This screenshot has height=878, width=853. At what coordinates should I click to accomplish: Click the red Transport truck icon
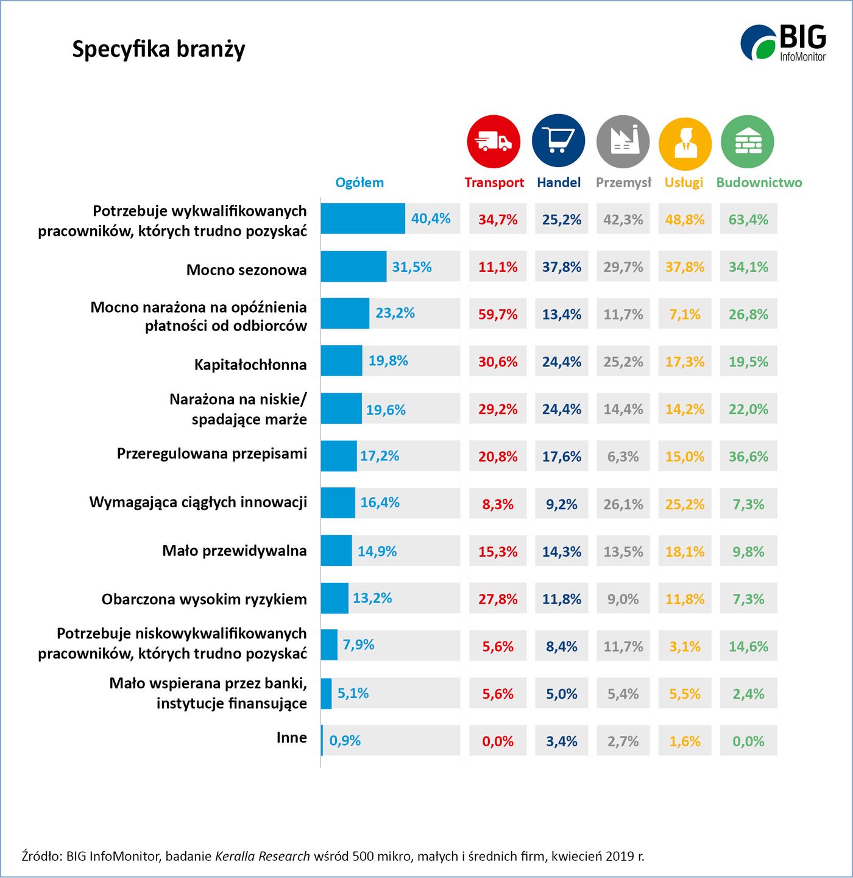click(x=494, y=141)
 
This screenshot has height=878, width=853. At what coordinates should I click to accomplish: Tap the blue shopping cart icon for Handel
click(x=558, y=141)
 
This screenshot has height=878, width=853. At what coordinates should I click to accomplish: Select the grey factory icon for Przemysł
click(x=623, y=141)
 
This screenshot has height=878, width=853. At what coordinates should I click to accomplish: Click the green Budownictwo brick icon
click(x=748, y=141)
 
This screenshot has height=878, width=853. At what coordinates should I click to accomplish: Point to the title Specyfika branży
click(x=158, y=49)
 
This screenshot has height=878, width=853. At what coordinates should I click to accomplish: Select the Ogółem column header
click(x=359, y=182)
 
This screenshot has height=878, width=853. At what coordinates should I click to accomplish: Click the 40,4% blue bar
click(x=363, y=218)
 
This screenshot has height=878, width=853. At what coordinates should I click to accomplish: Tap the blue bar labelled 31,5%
click(x=353, y=266)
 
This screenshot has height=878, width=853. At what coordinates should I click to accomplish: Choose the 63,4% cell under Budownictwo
click(x=748, y=220)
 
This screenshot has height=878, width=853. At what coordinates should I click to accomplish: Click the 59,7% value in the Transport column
click(x=498, y=315)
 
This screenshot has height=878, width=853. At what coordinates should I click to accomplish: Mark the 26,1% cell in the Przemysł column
click(x=623, y=504)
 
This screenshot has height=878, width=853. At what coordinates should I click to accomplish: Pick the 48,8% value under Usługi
click(x=685, y=220)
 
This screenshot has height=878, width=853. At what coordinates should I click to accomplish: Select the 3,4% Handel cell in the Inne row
click(x=561, y=741)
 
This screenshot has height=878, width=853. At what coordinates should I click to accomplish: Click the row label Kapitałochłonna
click(x=250, y=365)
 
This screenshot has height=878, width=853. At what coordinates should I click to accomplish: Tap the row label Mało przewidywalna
click(x=235, y=551)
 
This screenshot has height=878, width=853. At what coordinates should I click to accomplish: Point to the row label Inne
click(x=291, y=737)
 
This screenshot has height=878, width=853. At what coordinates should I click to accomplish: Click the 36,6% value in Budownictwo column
click(x=748, y=457)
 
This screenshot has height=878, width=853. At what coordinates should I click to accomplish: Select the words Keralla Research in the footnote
click(x=263, y=856)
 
